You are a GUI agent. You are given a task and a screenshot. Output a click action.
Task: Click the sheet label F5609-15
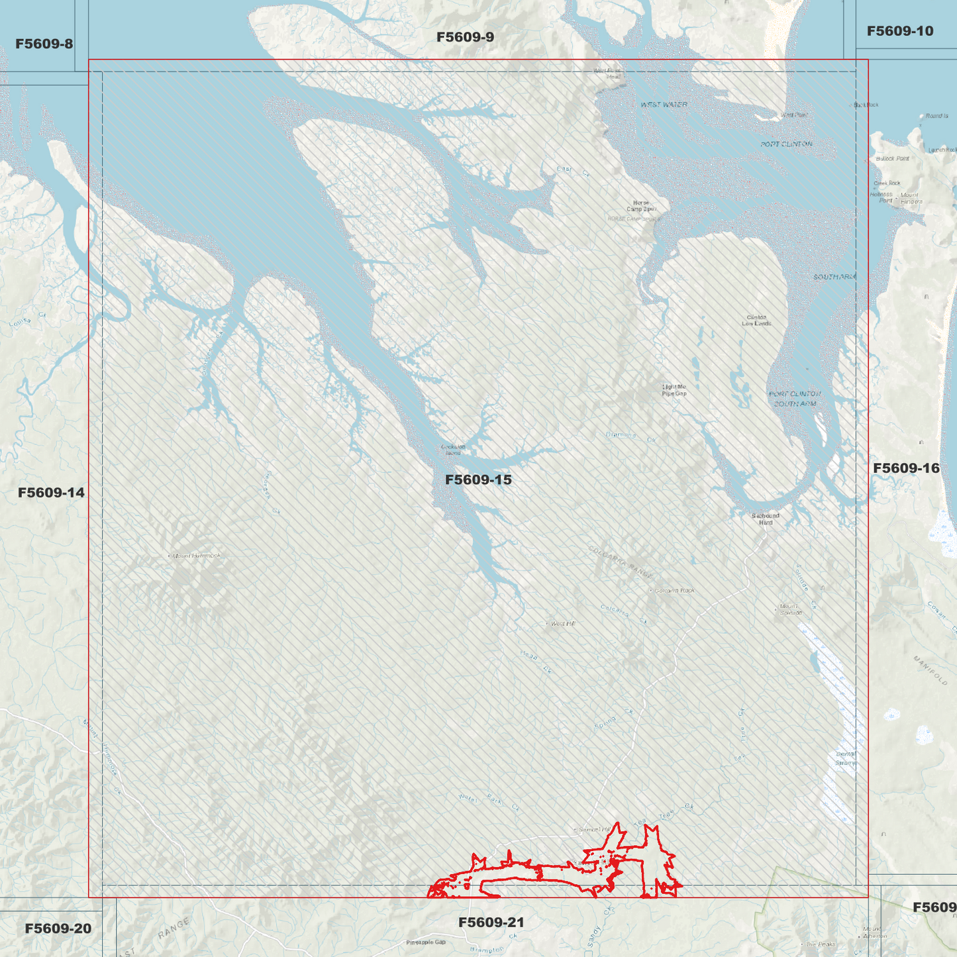point(478,479)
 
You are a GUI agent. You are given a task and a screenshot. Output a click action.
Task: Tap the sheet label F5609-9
point(465,37)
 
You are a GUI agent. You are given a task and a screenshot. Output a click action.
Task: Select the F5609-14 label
point(51,493)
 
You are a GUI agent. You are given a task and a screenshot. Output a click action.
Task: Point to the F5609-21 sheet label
point(491,923)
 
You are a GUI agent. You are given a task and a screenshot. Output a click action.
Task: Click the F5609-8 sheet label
point(44,44)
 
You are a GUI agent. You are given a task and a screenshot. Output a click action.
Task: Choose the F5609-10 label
point(899,31)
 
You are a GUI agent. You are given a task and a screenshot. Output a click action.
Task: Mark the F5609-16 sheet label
point(905,468)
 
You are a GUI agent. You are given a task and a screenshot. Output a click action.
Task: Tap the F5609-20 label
point(58,929)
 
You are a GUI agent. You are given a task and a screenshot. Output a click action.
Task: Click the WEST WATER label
point(664,105)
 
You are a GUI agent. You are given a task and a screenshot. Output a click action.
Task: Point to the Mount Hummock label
point(196,556)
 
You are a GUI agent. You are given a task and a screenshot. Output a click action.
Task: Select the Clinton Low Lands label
point(756,321)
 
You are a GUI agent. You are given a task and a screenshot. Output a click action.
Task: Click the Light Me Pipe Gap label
point(674,390)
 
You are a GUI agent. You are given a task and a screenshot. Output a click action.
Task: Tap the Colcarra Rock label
point(674,590)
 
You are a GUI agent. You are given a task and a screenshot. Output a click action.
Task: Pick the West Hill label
point(563,623)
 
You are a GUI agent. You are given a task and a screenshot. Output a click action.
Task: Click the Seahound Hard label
point(766,519)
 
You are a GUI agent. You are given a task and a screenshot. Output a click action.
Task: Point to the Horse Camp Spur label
point(641,206)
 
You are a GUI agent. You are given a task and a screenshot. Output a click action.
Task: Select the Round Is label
point(936,116)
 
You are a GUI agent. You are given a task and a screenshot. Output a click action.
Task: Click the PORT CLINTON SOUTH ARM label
point(795,399)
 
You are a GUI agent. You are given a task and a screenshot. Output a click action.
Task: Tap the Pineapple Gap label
point(426,942)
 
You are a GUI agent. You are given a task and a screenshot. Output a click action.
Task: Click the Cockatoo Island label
point(453,450)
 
